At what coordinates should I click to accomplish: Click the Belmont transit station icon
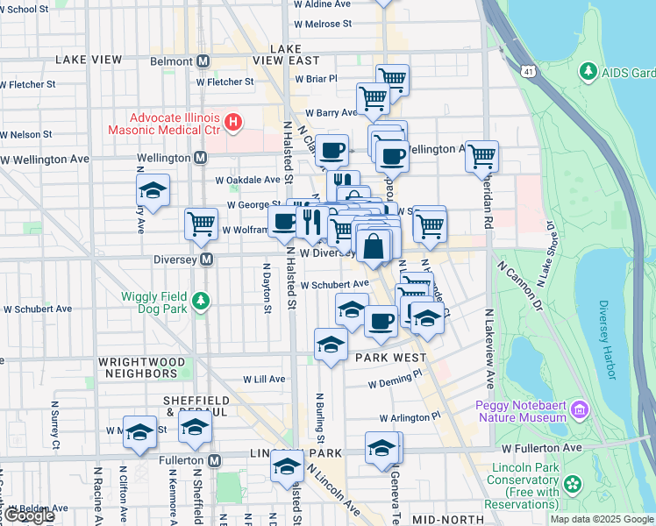click(203, 61)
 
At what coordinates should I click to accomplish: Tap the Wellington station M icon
click(200, 158)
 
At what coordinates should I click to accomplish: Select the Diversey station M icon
click(207, 259)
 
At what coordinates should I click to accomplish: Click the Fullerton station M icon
click(214, 460)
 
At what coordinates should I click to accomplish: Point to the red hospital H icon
click(233, 123)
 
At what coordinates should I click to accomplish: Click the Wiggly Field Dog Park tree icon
click(203, 302)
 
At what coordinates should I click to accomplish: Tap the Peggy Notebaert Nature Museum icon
click(579, 409)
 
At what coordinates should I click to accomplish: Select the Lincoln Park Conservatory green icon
click(573, 483)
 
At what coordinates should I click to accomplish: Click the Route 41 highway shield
click(527, 69)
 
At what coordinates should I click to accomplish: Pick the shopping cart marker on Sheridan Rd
click(481, 157)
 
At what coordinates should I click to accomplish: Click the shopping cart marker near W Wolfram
click(201, 224)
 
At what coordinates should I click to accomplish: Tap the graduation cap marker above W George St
click(153, 190)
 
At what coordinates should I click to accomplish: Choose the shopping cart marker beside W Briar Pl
click(392, 80)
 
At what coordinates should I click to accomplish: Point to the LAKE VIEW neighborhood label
click(88, 60)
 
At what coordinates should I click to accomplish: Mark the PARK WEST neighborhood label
click(390, 358)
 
